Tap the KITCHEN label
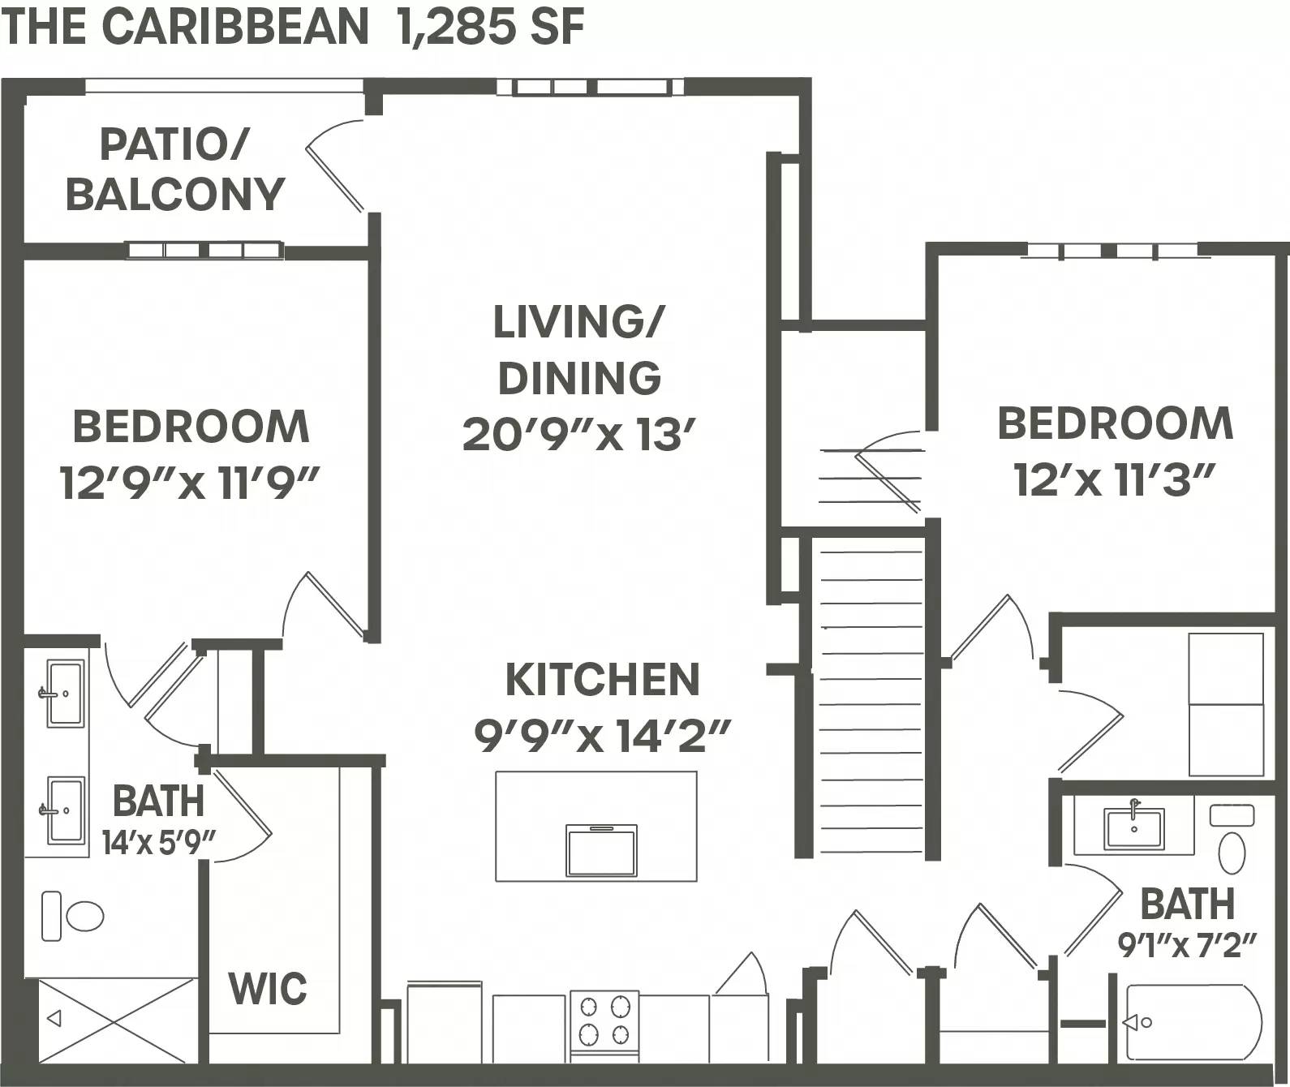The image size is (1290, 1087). (x=602, y=680)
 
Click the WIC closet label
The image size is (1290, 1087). (x=268, y=988)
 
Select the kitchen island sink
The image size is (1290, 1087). (x=601, y=850)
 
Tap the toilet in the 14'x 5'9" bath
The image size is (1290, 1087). (x=74, y=917)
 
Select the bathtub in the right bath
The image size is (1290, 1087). (x=1193, y=1022)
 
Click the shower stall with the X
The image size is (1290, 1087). (x=110, y=1019)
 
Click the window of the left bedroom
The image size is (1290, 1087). (x=204, y=251)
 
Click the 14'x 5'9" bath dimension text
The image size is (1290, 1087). (x=158, y=844)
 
